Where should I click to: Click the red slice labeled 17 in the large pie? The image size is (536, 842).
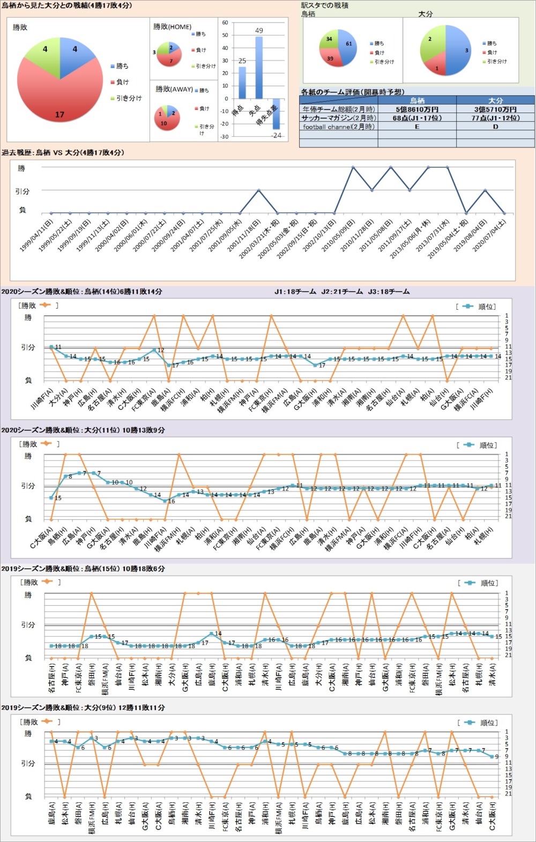[59, 102]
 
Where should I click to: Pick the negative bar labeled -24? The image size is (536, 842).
[277, 114]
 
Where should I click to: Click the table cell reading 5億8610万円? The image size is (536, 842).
[417, 109]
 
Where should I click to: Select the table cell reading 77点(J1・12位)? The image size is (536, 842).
[495, 118]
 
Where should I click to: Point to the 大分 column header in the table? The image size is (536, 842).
[495, 100]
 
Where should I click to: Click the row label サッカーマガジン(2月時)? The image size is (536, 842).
[339, 118]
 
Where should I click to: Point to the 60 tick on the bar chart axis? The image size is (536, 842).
[225, 23]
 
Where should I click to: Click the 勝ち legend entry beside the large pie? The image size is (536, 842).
[122, 66]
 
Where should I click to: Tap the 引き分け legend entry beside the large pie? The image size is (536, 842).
[129, 98]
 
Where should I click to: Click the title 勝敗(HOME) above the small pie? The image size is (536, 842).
[172, 27]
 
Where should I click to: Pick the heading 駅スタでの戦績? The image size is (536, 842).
[325, 5]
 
